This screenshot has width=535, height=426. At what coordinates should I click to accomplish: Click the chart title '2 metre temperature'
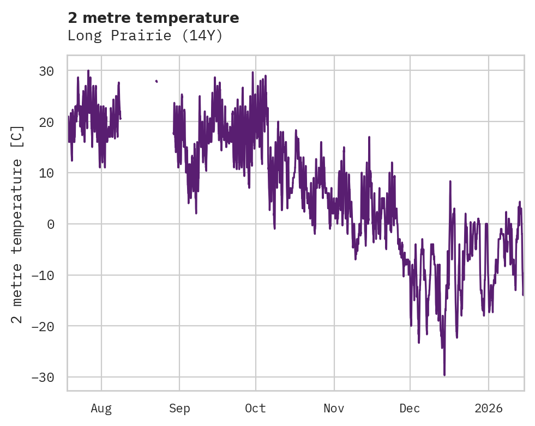tap(153, 18)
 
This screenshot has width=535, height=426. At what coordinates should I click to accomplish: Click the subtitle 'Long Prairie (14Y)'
tap(145, 36)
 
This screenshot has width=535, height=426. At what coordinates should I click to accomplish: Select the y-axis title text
tap(18, 223)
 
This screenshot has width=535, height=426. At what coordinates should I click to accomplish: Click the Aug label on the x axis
tap(101, 408)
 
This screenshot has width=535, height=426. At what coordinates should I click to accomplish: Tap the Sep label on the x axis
tap(179, 408)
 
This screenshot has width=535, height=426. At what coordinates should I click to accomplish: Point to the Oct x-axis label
tap(255, 408)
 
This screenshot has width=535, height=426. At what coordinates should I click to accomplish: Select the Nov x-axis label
tap(334, 408)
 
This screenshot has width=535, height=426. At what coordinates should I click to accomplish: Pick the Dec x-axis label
tap(410, 408)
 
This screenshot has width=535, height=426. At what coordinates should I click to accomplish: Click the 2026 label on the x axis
tap(489, 408)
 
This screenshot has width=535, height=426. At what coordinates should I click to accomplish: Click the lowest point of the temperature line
tap(444, 375)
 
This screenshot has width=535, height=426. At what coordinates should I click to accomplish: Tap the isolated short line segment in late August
tap(157, 81)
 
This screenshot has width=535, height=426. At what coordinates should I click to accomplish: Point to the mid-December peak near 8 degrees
tap(450, 181)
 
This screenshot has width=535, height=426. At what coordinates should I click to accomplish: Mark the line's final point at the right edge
tap(523, 295)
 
